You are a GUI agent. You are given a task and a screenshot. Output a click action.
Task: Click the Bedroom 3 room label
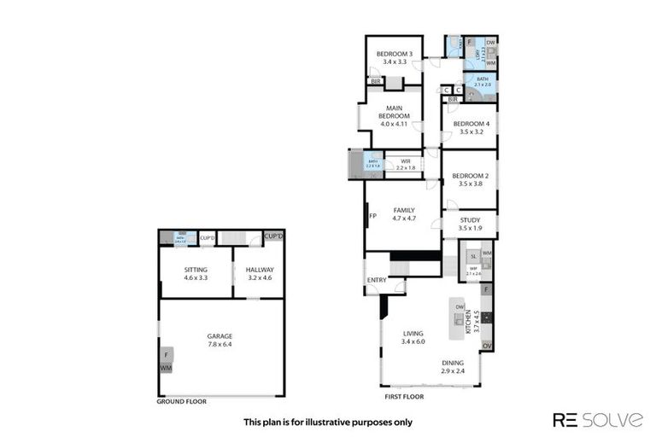[x=394, y=54]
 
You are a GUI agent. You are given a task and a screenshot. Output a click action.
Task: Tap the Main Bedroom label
[x=393, y=112]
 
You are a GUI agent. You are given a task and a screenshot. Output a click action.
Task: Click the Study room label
[x=470, y=219]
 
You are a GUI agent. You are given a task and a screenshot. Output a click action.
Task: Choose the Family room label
[x=403, y=210]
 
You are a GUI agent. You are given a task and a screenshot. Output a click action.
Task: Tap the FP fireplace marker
[x=372, y=215]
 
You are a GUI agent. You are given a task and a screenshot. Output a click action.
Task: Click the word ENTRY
[x=376, y=280]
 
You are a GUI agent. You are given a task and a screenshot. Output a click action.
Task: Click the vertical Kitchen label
[x=477, y=319]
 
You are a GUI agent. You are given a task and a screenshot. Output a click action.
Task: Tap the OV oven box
[x=487, y=346]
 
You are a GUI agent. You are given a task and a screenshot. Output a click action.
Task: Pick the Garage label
[x=220, y=336]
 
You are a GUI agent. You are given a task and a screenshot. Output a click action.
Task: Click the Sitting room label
[x=196, y=270]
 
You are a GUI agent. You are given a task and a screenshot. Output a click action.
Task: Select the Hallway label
[x=259, y=270]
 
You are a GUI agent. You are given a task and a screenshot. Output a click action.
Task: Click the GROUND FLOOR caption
[x=182, y=400]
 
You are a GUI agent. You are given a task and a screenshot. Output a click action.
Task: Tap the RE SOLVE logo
[x=598, y=419]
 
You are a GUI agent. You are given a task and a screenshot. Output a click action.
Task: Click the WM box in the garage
[x=165, y=368]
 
